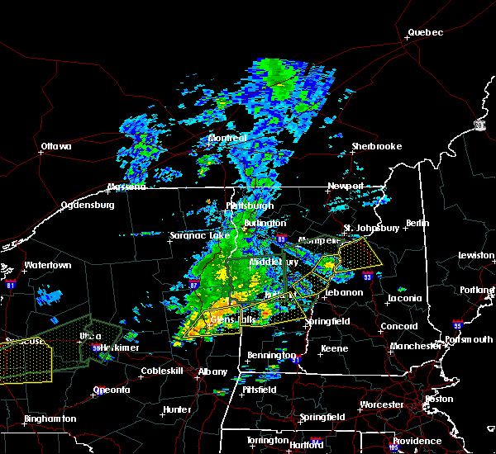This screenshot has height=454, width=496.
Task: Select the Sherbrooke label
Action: [376, 146]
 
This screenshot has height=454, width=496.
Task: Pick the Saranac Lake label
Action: [199, 235]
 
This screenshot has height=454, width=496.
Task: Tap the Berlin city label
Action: [419, 223]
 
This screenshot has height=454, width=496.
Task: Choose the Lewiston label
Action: [477, 256]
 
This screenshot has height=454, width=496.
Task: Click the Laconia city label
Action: [405, 298]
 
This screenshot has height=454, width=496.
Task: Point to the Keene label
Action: [335, 348]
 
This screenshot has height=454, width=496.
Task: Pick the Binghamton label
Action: [50, 419]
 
